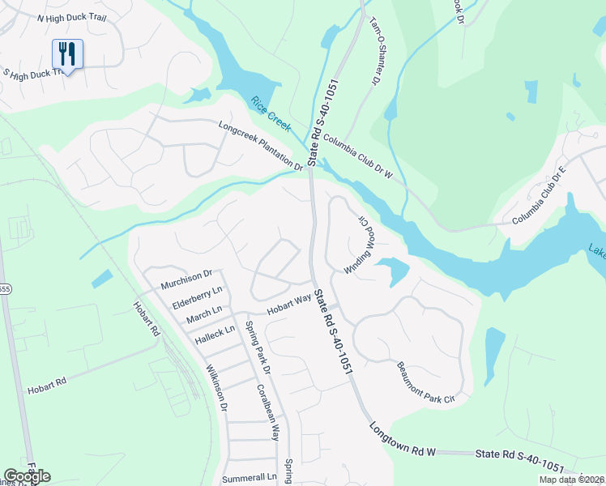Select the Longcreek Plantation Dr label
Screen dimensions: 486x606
pyautogui.click(x=260, y=146)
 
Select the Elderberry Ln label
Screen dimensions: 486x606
pyautogui.click(x=198, y=295)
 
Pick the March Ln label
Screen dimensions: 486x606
pyautogui.click(x=203, y=311)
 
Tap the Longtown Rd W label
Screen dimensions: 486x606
pyautogui.click(x=403, y=441)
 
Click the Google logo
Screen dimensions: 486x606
pyautogui.click(x=27, y=476)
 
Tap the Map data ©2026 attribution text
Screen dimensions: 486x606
pyautogui.click(x=570, y=480)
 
